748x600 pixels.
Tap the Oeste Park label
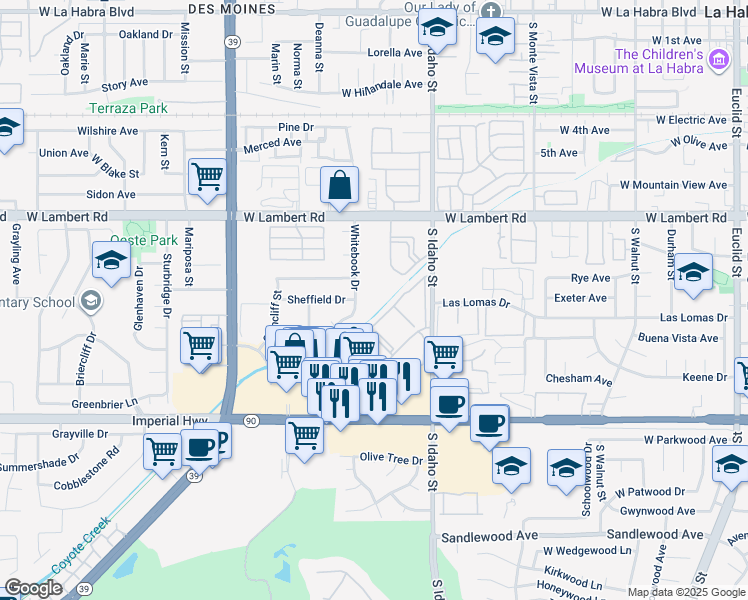tap(151, 240)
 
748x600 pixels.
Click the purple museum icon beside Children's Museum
tap(717, 62)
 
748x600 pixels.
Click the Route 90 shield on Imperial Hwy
tap(250, 422)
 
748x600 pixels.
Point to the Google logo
tap(33, 588)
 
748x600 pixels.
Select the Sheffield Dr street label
tap(316, 299)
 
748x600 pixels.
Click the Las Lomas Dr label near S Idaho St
tap(476, 302)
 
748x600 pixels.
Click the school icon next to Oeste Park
tap(111, 261)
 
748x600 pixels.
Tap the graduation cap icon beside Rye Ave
tap(693, 272)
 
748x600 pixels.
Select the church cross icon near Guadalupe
tap(489, 11)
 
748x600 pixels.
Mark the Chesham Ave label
tap(578, 380)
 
